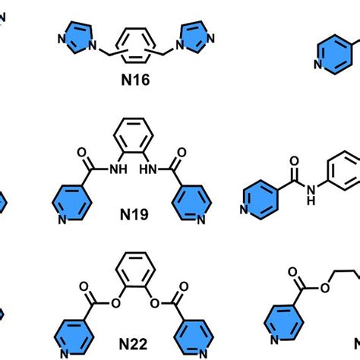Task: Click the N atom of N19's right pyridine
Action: (x=200, y=221)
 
